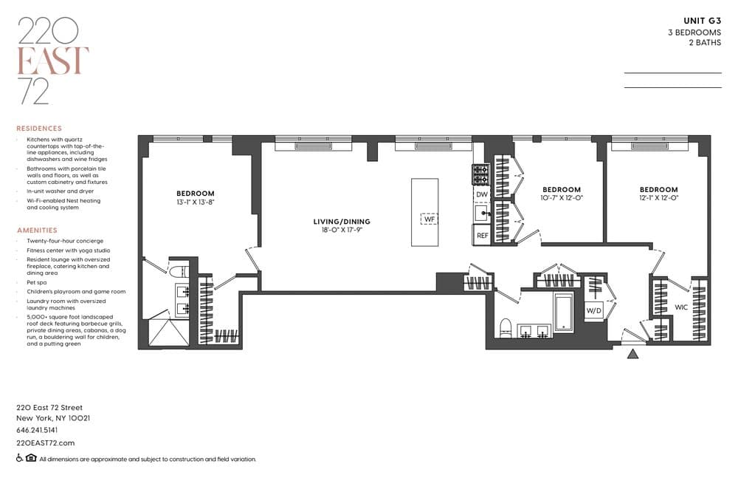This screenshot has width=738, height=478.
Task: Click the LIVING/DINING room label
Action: (x=342, y=222)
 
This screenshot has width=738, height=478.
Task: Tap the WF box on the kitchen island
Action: (x=430, y=219)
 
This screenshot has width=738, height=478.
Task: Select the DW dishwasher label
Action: (x=482, y=194)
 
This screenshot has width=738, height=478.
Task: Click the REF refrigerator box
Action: (x=482, y=235)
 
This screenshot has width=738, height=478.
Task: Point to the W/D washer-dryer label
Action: (x=594, y=310)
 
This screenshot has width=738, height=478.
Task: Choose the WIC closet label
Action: (x=681, y=307)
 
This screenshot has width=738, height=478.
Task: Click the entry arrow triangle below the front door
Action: (x=633, y=354)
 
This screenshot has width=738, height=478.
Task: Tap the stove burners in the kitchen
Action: (x=481, y=174)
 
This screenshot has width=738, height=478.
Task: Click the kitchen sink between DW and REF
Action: (x=482, y=213)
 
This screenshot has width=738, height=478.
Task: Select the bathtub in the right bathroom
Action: (x=563, y=312)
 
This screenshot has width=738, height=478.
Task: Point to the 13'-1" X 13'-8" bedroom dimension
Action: (x=196, y=202)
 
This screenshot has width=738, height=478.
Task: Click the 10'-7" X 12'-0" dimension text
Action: (x=562, y=198)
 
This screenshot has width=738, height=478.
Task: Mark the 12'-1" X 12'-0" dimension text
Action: (x=659, y=198)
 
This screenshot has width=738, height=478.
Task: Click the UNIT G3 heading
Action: (x=703, y=21)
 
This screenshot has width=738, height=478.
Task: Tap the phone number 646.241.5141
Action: (x=37, y=430)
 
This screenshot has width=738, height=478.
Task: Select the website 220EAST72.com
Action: (x=46, y=443)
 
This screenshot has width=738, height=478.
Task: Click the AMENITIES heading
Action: (x=37, y=230)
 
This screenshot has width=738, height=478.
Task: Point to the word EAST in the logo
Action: (x=52, y=61)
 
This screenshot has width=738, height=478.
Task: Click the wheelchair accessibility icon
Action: (x=19, y=458)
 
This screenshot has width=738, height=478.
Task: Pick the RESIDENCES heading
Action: (x=39, y=129)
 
